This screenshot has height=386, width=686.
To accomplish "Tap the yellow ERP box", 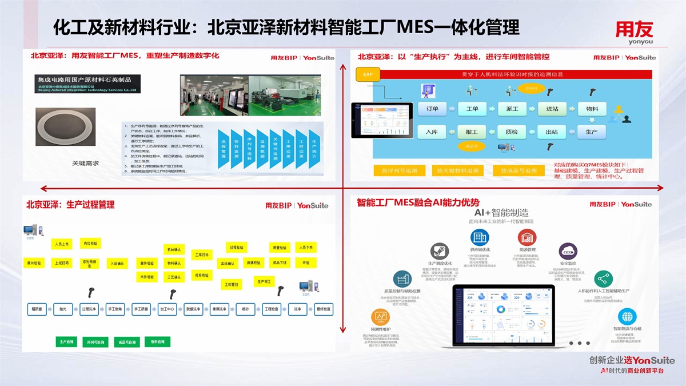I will pyautogui.click(x=368, y=74).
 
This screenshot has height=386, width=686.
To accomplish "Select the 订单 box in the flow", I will pyautogui.click(x=432, y=109).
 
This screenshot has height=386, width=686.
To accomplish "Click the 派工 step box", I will pyautogui.click(x=512, y=109).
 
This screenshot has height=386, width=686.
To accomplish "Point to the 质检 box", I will pyautogui.click(x=512, y=132).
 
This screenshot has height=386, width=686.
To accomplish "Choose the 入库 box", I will pyautogui.click(x=432, y=132).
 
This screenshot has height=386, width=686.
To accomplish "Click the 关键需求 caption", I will pyautogui.click(x=85, y=164).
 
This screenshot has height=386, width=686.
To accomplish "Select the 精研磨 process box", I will pyautogui.click(x=37, y=309).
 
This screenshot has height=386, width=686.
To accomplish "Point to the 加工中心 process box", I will pyautogui.click(x=167, y=309).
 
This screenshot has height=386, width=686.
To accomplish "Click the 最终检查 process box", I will pyautogui.click(x=324, y=309).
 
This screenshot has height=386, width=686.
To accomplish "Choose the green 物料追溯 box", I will pyautogui.click(x=158, y=342).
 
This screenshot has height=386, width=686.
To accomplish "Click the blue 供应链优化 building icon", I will pyautogui.click(x=480, y=237).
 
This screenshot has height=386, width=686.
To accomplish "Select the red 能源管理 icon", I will pyautogui.click(x=527, y=237).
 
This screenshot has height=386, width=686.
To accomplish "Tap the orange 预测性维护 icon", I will pyautogui.click(x=380, y=317).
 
